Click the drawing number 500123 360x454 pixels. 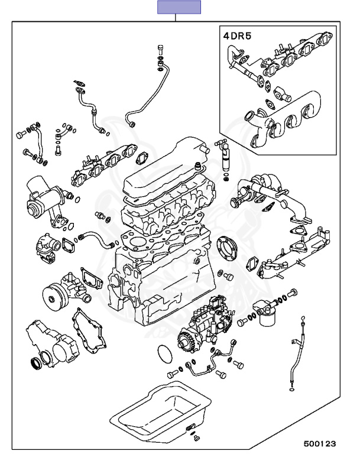point(320,442)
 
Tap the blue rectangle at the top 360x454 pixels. point(179,7)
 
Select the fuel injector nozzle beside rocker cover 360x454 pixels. point(225,156)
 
